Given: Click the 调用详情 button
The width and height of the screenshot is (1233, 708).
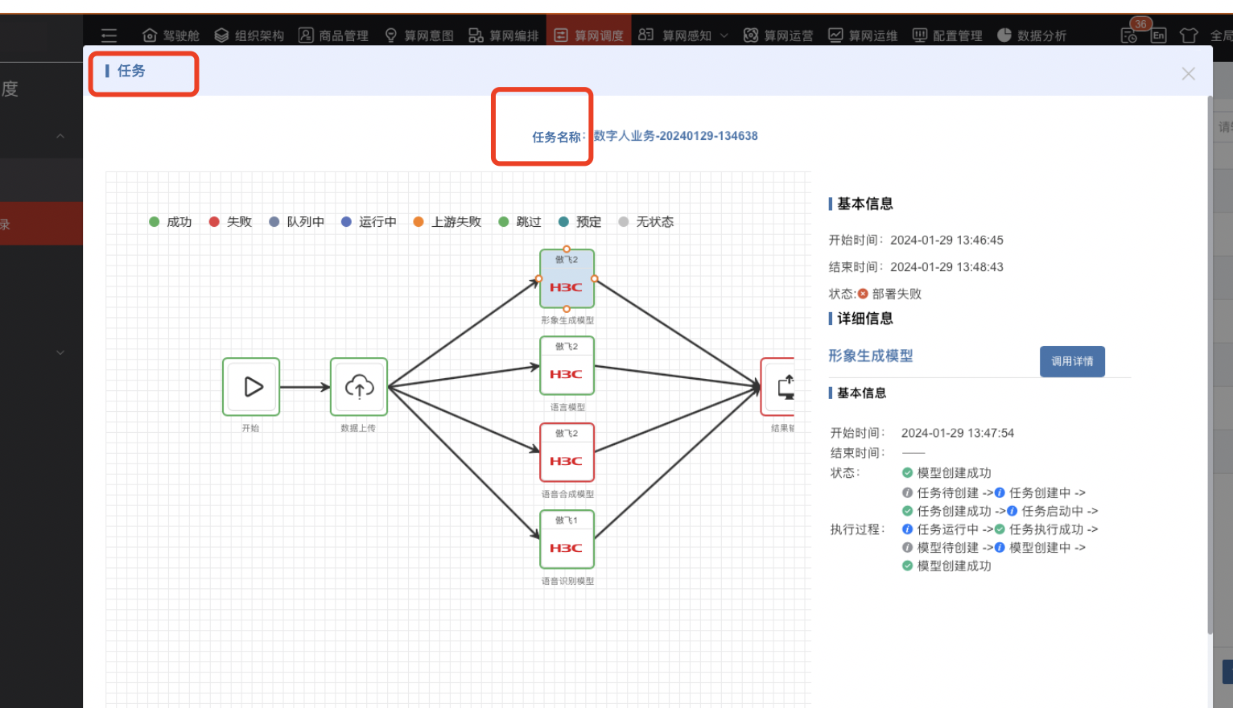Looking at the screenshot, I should (1072, 361).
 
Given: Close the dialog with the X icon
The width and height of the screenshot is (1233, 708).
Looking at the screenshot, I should (1188, 74).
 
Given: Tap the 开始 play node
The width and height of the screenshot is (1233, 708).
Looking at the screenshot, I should (251, 387).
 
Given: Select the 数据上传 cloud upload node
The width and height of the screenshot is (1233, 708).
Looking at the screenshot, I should (359, 387).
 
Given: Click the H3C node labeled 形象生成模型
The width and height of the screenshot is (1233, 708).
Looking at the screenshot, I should (567, 279).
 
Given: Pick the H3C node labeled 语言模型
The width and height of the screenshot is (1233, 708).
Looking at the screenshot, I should (567, 366).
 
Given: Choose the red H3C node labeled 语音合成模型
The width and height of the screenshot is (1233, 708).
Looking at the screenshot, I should (567, 453).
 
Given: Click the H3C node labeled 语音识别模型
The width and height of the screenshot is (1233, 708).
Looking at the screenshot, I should (567, 540).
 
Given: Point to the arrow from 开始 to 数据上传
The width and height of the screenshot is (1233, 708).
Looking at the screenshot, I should (305, 387).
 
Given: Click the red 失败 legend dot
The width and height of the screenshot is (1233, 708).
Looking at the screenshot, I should (214, 222).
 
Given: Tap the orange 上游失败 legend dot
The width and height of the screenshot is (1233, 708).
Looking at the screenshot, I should (419, 222).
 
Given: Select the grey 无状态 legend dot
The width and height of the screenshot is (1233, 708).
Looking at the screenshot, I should (623, 222).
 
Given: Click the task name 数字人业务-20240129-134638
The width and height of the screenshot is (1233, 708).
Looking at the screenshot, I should (676, 136).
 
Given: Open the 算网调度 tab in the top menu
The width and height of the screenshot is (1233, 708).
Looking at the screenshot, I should (589, 35).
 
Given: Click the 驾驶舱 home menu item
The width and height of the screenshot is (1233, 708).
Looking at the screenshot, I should (171, 35).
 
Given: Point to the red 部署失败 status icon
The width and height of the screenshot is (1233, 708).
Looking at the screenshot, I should (863, 294).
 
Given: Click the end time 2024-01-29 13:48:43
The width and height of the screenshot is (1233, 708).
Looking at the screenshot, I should (946, 267).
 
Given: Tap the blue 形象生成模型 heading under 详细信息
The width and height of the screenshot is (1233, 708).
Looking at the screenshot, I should (871, 356).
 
